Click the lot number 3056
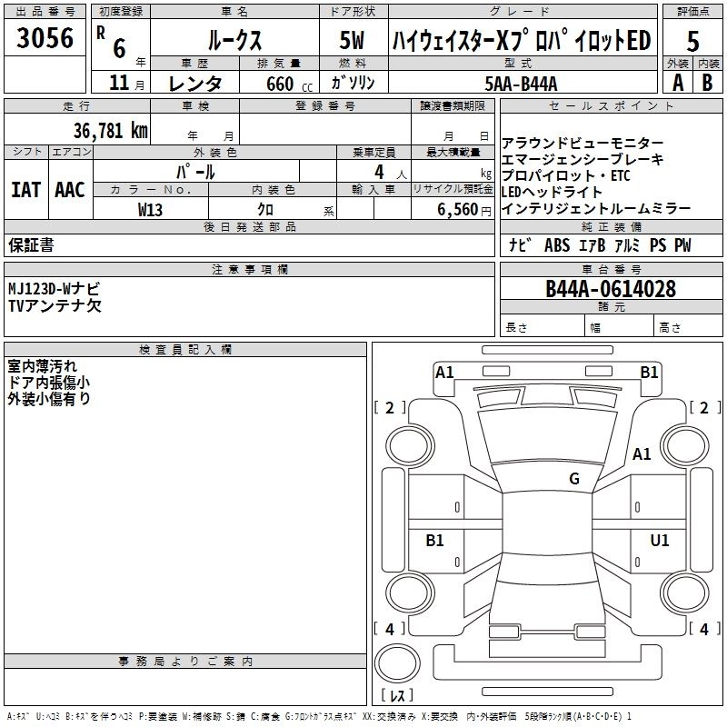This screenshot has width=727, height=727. click(45, 38)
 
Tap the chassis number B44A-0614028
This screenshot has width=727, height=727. click(611, 289)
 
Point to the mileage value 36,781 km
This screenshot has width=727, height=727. click(110, 130)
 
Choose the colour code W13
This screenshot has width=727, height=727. click(150, 208)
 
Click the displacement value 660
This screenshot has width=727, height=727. click(278, 84)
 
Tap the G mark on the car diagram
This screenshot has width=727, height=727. click(574, 479)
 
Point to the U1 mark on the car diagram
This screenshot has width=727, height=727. click(660, 541)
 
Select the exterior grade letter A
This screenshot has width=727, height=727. click(677, 83)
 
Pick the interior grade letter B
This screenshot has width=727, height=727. click(707, 83)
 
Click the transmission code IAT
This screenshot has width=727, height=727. click(25, 189)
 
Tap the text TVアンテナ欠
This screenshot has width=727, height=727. click(55, 305)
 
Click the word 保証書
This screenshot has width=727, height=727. click(31, 245)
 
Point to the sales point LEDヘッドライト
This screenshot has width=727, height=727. click(552, 192)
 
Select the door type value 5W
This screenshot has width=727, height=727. click(353, 42)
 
